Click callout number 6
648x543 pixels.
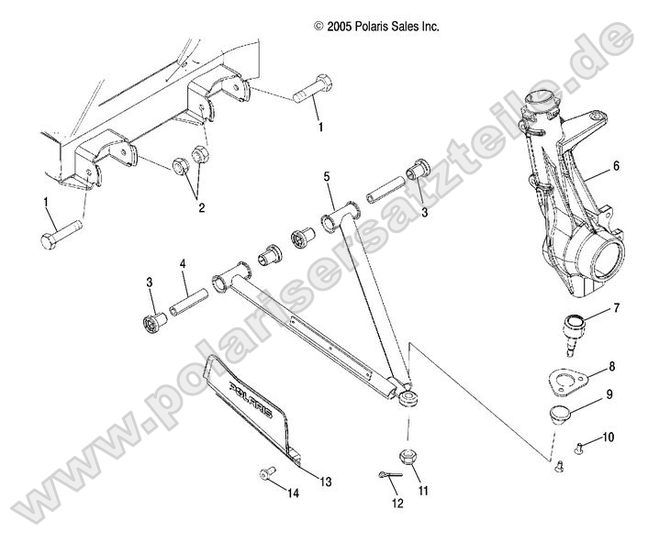[x=616, y=166]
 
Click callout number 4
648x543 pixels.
[x=183, y=264]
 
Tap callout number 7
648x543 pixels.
[x=616, y=307]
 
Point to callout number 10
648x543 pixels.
[x=609, y=437]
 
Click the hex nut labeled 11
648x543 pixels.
[x=406, y=457]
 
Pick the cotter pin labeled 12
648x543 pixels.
[x=390, y=473]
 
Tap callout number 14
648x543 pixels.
[x=293, y=493]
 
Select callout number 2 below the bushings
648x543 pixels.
[x=200, y=207]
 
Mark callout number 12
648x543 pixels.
[x=397, y=503]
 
